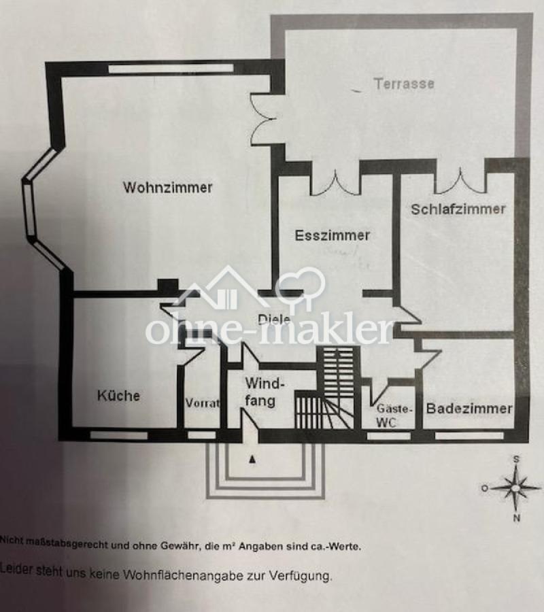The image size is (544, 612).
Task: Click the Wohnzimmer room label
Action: tap(168, 188)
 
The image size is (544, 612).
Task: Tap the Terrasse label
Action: tap(404, 84)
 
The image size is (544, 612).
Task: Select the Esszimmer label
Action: tap(332, 235)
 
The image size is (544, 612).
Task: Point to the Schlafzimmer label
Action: tap(458, 209)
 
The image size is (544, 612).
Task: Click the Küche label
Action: tap(118, 395)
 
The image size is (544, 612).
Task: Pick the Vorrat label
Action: tap(202, 403)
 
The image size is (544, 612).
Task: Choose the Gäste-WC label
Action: tap(394, 415)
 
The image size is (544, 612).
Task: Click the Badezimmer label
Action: tap(469, 409)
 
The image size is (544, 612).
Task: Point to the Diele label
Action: tap(274, 320)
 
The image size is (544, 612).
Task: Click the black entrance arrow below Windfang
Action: tap(252, 460)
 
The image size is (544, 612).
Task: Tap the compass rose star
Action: tap(516, 488)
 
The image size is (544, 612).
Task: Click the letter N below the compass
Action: tap(516, 518)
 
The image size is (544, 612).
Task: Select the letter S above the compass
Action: tap(516, 459)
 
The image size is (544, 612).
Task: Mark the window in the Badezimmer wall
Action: tap(469, 436)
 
